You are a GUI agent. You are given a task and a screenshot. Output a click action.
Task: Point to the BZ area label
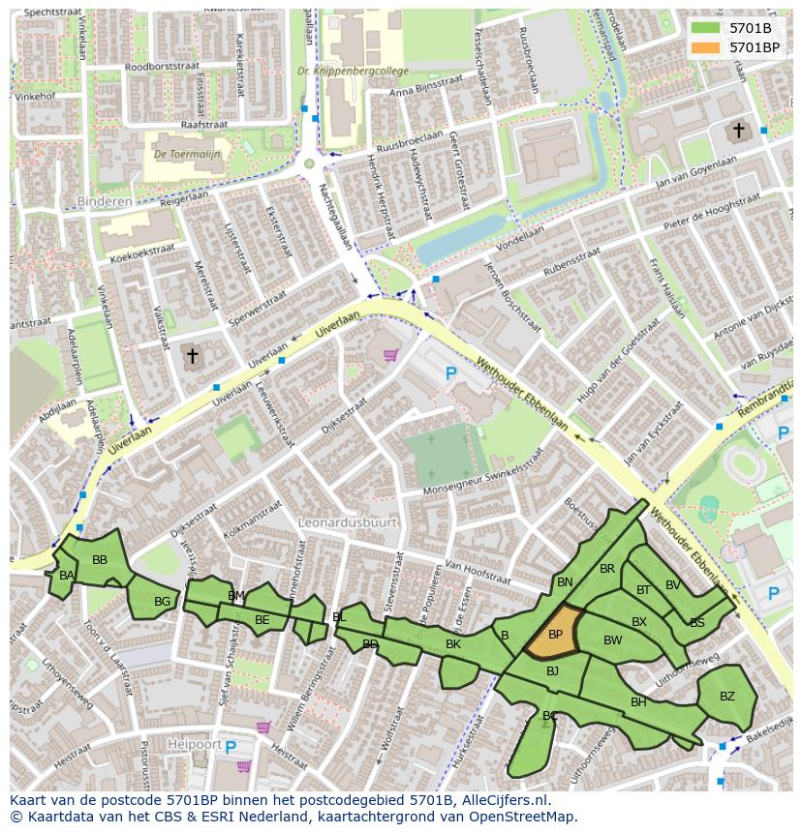coord(726,696)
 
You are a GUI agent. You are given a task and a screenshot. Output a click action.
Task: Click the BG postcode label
coord(162,602)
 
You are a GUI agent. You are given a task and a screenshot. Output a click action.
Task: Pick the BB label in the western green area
coord(100,560)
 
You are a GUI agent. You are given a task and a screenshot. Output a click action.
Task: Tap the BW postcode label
coord(612,640)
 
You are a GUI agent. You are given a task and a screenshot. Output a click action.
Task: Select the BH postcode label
coord(638,702)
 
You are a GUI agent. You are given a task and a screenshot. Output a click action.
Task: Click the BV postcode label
coord(672,584)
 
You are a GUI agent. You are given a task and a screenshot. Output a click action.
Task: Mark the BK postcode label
coord(452,644)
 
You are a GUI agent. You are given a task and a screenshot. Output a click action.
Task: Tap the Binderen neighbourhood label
coord(103,201)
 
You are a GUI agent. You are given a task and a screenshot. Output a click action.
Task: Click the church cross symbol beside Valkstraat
coord(192,357)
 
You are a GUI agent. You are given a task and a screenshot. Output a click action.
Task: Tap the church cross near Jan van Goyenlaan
coord(738,130)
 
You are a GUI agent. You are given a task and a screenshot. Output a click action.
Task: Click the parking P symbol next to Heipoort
coord(231,746)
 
